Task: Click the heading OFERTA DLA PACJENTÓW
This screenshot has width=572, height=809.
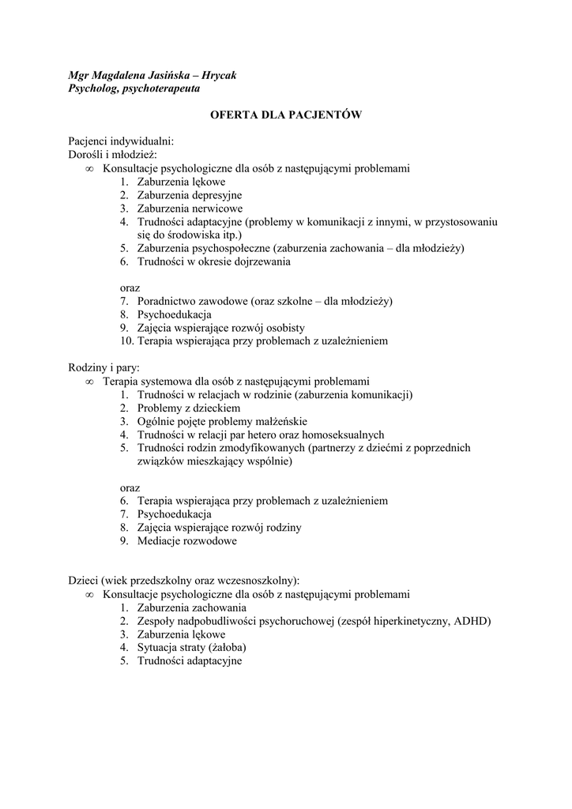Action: click(285, 115)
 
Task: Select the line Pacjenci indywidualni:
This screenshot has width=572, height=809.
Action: click(115, 141)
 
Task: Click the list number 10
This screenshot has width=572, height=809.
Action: click(126, 341)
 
